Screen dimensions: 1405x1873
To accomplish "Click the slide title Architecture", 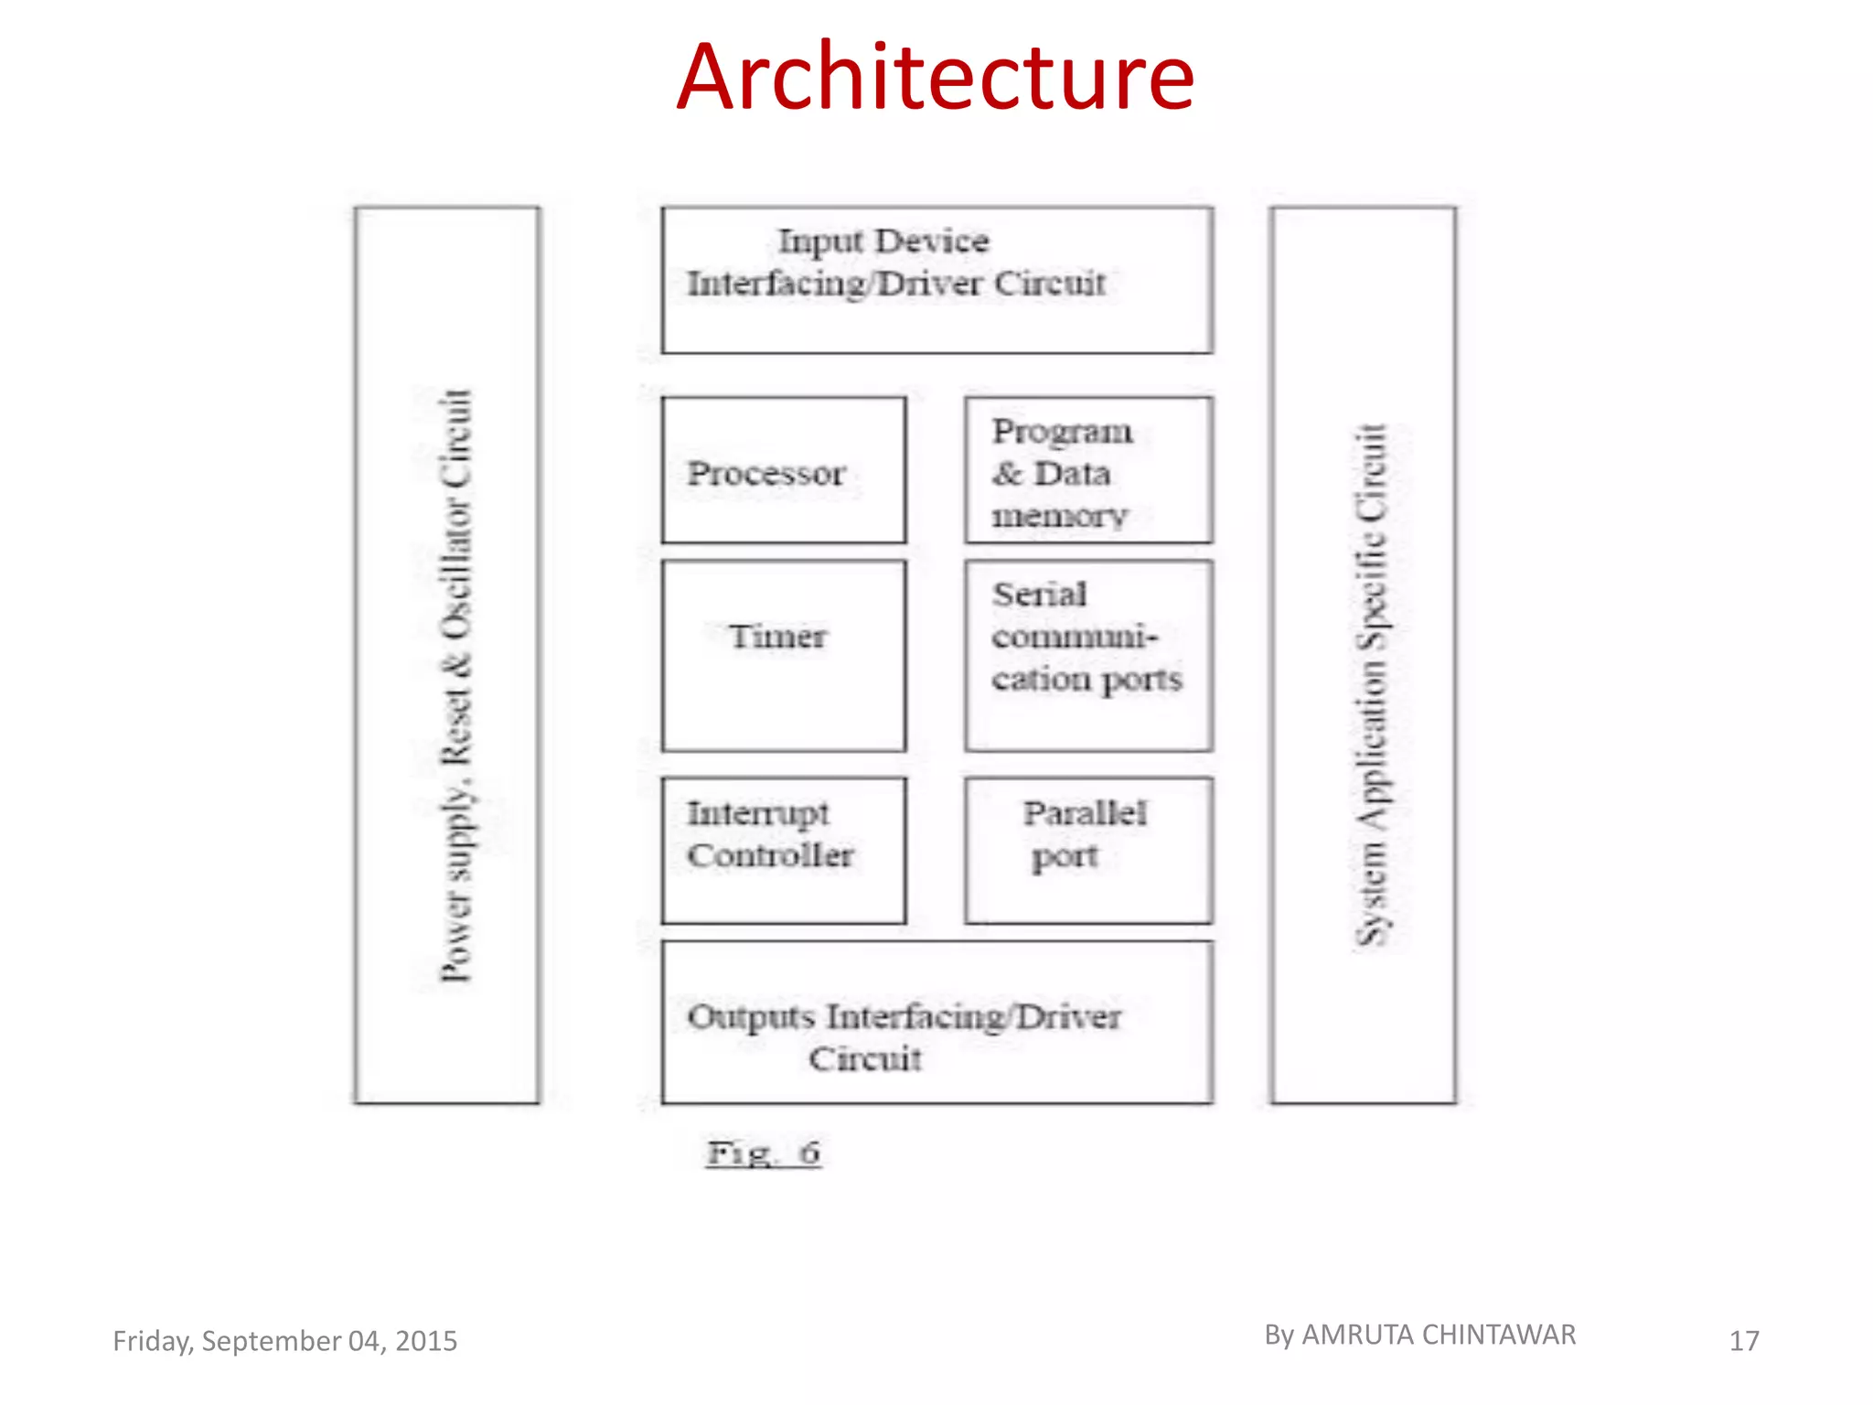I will click(935, 78).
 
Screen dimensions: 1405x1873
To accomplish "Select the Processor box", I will click(784, 471).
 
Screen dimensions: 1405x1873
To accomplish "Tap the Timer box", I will click(784, 655).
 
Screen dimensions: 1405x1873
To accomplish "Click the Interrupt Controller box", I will click(784, 850).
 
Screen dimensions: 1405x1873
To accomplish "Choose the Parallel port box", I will click(1088, 850).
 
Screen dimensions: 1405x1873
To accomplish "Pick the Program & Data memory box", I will click(1088, 471).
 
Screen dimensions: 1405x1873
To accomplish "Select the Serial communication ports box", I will click(1088, 655).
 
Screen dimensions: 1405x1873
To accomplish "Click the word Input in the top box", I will click(819, 242).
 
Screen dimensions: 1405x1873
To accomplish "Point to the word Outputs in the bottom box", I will click(751, 1017).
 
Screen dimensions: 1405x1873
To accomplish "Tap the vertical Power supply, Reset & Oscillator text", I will click(455, 686).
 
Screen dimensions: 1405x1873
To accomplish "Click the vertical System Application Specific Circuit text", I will click(1371, 686).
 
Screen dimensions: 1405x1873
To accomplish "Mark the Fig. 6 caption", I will click(764, 1153).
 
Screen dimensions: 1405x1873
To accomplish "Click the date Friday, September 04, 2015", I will click(284, 1341).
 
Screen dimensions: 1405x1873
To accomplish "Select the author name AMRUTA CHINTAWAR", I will click(1438, 1335).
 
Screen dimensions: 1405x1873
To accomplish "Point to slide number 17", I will click(1744, 1341).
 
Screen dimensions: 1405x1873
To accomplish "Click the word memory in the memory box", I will click(1060, 516).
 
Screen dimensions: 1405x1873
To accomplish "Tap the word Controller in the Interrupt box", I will click(770, 856).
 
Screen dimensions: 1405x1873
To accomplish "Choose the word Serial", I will click(1040, 595).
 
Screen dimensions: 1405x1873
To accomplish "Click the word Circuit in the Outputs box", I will click(864, 1059).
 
